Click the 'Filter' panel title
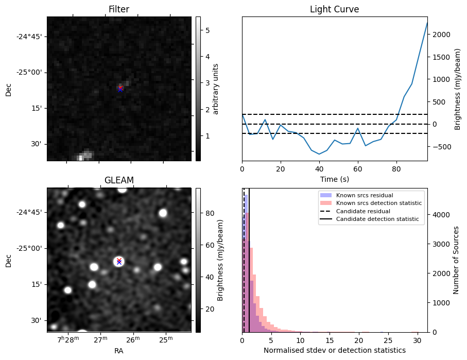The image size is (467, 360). click(118, 10)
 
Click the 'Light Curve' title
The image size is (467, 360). click(334, 10)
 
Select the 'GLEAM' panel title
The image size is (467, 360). click(118, 180)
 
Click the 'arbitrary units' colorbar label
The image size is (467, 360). click(216, 89)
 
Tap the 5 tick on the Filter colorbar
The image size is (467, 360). click(206, 30)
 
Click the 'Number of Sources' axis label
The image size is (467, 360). click(456, 260)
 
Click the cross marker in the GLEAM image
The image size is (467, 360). click(119, 261)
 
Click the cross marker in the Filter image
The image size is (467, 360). click(120, 88)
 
